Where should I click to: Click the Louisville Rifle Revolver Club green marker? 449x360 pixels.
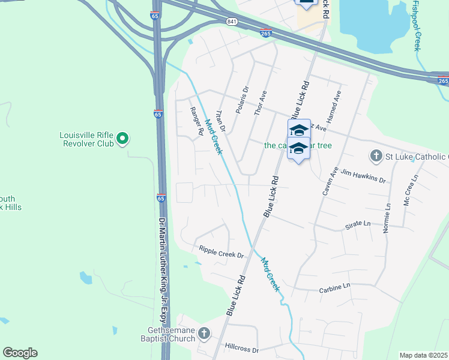[x=122, y=139]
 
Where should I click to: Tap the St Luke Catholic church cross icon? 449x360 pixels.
[x=376, y=157]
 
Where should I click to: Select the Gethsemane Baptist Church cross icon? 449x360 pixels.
[x=204, y=334]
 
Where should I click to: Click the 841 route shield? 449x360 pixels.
[x=232, y=22]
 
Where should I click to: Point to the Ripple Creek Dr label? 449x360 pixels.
[x=221, y=252]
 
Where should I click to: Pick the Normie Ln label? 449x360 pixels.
[x=387, y=218]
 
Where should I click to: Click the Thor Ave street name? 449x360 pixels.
[x=261, y=104]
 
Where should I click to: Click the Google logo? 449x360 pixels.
[x=20, y=353]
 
